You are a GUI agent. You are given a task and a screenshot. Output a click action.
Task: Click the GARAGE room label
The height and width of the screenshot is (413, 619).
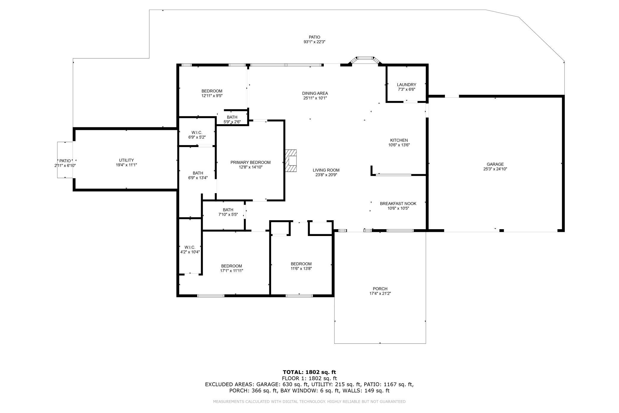coord(495,164)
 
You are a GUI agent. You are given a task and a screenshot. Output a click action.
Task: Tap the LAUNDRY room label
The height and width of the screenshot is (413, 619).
coord(407,85)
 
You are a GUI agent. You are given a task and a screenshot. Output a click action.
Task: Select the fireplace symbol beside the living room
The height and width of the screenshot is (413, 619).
coord(291,161)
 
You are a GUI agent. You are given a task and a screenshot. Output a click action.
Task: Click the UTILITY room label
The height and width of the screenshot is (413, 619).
coord(126,160)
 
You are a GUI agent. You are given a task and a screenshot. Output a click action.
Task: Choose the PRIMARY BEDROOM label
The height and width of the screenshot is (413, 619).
coord(251,162)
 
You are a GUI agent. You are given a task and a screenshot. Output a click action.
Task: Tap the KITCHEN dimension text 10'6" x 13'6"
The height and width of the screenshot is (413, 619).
coord(399,145)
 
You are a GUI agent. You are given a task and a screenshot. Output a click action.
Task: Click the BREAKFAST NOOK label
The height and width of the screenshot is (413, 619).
coord(398,204)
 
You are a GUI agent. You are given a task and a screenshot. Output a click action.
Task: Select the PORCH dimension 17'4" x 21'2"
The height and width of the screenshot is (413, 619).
coord(380,294)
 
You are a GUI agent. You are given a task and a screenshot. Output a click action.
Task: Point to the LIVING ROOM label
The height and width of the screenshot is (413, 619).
coord(326,170)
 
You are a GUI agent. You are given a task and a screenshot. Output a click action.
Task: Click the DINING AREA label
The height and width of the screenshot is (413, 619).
coord(315,93)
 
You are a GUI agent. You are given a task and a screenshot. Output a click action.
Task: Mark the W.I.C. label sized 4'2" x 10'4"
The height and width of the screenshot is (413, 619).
coord(190,247)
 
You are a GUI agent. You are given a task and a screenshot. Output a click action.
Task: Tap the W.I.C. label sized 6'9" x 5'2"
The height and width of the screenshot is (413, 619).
coord(197,133)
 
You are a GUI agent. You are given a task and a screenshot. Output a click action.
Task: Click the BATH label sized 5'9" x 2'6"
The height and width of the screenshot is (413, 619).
coord(232,117)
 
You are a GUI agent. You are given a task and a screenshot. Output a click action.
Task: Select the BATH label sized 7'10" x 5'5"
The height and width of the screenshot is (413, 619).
coord(228,210)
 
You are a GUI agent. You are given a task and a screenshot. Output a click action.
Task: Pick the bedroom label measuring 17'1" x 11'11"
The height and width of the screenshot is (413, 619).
coord(232,266)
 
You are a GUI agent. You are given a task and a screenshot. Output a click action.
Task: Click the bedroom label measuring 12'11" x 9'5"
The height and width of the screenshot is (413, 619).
coord(212,91)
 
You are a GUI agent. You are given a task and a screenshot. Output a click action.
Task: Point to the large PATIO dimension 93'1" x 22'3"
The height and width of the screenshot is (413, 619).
coord(314,42)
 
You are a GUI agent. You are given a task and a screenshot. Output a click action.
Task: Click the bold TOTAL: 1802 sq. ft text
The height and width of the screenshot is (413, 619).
coord(309,372)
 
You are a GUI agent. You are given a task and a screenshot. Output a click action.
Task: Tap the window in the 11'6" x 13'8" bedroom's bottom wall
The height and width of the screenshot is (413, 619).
coord(299,296)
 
